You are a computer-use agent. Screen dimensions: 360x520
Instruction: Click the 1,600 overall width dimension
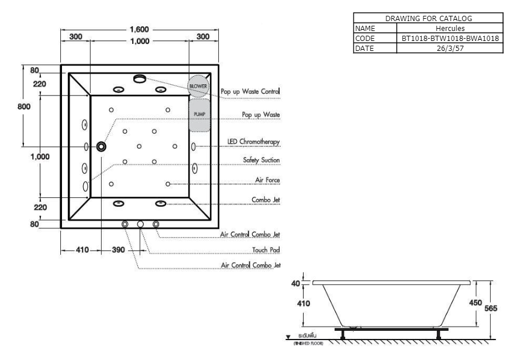[x=139, y=29]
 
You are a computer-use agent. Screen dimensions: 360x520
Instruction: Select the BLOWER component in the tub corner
[x=198, y=85]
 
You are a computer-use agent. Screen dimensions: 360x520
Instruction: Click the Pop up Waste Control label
[x=250, y=92]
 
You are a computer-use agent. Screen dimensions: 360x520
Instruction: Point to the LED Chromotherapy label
[x=253, y=142]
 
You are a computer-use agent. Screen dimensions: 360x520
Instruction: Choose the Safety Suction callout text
[x=261, y=160]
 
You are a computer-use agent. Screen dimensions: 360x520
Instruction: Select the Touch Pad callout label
[x=266, y=249]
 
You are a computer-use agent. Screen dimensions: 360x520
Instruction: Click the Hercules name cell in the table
[x=450, y=28]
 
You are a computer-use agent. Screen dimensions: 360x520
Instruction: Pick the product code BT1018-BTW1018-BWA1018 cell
[x=450, y=38]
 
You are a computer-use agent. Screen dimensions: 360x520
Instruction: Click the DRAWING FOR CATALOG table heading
[x=429, y=19]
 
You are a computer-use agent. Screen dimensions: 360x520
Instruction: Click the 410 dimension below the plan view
[x=82, y=250]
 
